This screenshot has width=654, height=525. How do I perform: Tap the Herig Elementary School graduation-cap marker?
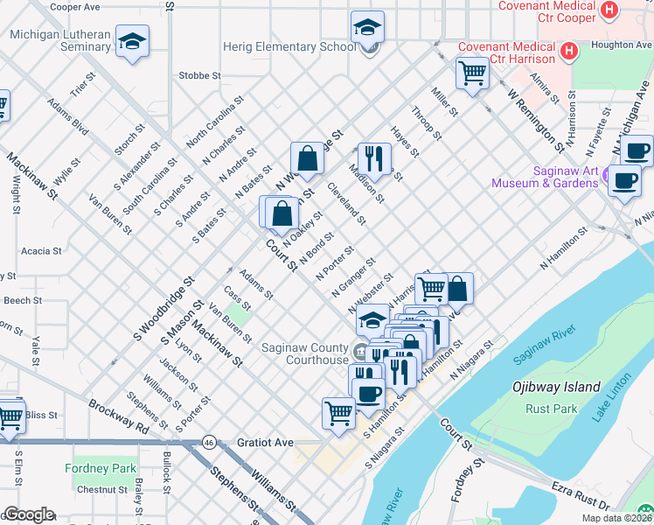[x=368, y=26]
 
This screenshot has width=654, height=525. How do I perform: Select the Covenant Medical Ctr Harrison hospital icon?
[x=569, y=52]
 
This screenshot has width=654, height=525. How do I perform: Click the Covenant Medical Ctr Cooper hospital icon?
[x=610, y=10]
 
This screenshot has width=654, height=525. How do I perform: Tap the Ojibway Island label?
[x=557, y=387]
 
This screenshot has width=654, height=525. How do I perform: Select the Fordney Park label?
[x=101, y=468]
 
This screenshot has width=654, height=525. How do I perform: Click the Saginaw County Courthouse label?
[x=304, y=353]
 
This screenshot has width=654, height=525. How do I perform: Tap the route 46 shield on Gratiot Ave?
[x=210, y=443]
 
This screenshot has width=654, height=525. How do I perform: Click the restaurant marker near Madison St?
[x=374, y=158]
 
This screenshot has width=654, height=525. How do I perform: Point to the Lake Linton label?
[x=610, y=402]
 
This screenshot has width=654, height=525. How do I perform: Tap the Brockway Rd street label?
[x=117, y=416]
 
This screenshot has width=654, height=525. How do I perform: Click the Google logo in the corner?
[x=28, y=514]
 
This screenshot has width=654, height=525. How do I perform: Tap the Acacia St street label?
[x=41, y=250]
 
